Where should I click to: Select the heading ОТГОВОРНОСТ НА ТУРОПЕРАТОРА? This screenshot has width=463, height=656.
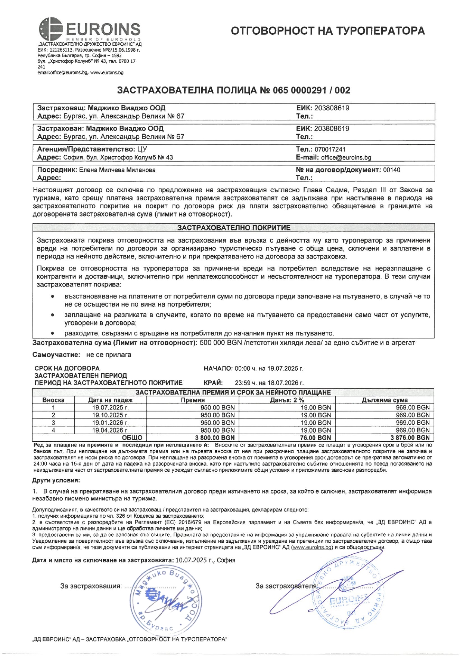(327, 31)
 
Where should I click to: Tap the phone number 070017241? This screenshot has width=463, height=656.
(330, 149)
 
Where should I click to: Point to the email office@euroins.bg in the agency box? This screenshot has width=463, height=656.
(346, 157)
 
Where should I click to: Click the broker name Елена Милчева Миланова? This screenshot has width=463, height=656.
(117, 170)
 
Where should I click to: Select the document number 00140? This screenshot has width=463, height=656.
(392, 170)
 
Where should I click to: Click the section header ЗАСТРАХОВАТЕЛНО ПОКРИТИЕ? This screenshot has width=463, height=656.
(233, 227)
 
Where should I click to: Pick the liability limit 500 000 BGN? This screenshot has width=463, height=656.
(221, 343)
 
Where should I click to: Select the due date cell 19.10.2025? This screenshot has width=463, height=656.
(110, 415)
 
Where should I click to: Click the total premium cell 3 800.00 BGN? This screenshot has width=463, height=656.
(215, 438)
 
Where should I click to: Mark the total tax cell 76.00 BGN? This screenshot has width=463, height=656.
(315, 438)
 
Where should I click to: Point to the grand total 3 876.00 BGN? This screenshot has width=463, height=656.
(410, 438)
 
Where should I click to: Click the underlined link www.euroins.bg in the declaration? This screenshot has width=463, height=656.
(312, 548)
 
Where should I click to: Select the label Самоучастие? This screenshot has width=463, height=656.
(56, 355)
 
